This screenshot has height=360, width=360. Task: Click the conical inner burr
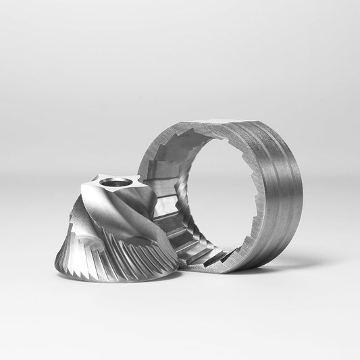pos(118,230)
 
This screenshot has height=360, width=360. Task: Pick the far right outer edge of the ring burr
pos(302,196)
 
